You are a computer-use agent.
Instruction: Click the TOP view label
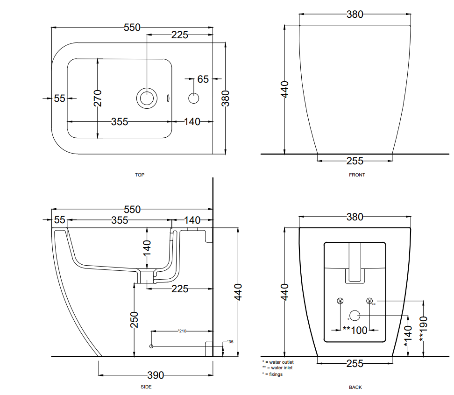(140, 175)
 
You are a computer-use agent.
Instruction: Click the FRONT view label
(357, 175)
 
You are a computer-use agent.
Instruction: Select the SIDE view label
(146, 387)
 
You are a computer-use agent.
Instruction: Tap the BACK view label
(355, 387)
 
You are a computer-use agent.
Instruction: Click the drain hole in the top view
(147, 98)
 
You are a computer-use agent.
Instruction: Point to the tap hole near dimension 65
(193, 98)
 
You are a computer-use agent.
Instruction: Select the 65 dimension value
(203, 79)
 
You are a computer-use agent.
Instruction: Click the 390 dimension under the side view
(156, 375)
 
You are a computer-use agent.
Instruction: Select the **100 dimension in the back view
(355, 331)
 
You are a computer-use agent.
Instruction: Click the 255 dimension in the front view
(355, 161)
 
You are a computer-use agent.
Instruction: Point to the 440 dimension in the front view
(285, 89)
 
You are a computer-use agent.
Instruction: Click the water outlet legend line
(278, 362)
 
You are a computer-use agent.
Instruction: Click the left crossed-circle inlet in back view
(340, 301)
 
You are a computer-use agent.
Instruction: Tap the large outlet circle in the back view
(355, 316)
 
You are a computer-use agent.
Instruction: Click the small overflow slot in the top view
(168, 98)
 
